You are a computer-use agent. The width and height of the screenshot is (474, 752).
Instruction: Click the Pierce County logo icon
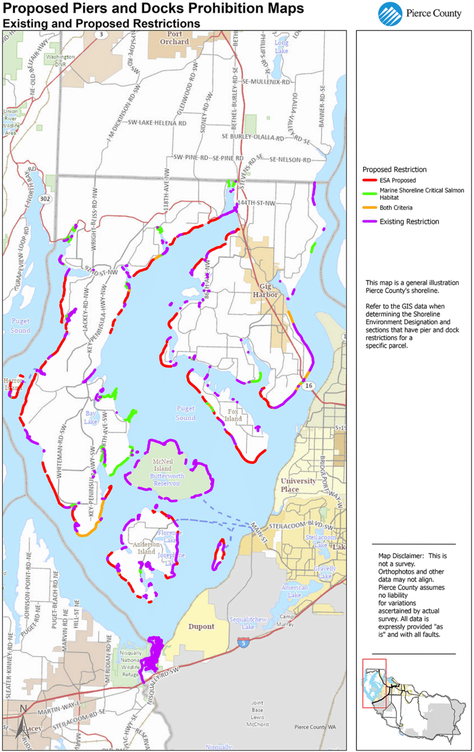click(390, 14)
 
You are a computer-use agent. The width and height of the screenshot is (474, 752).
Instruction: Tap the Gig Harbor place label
click(265, 291)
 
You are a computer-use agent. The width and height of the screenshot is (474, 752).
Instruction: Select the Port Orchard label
click(175, 38)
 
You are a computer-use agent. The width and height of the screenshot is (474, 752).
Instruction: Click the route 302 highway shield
click(45, 199)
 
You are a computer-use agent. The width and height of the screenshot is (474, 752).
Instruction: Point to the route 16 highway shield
click(309, 385)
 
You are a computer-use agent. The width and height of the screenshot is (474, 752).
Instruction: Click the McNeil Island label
click(162, 465)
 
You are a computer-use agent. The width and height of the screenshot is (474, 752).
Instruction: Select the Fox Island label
click(233, 415)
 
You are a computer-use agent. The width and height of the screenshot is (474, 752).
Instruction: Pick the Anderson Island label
click(146, 548)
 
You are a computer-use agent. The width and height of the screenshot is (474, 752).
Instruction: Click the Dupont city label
click(201, 627)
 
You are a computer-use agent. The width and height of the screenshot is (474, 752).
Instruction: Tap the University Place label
click(298, 485)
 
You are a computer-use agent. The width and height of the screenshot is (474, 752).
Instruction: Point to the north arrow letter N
click(23, 709)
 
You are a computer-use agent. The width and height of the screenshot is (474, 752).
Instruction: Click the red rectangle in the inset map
click(374, 683)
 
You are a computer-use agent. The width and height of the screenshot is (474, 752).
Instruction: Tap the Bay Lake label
click(91, 417)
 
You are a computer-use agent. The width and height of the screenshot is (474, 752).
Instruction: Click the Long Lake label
click(281, 47)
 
